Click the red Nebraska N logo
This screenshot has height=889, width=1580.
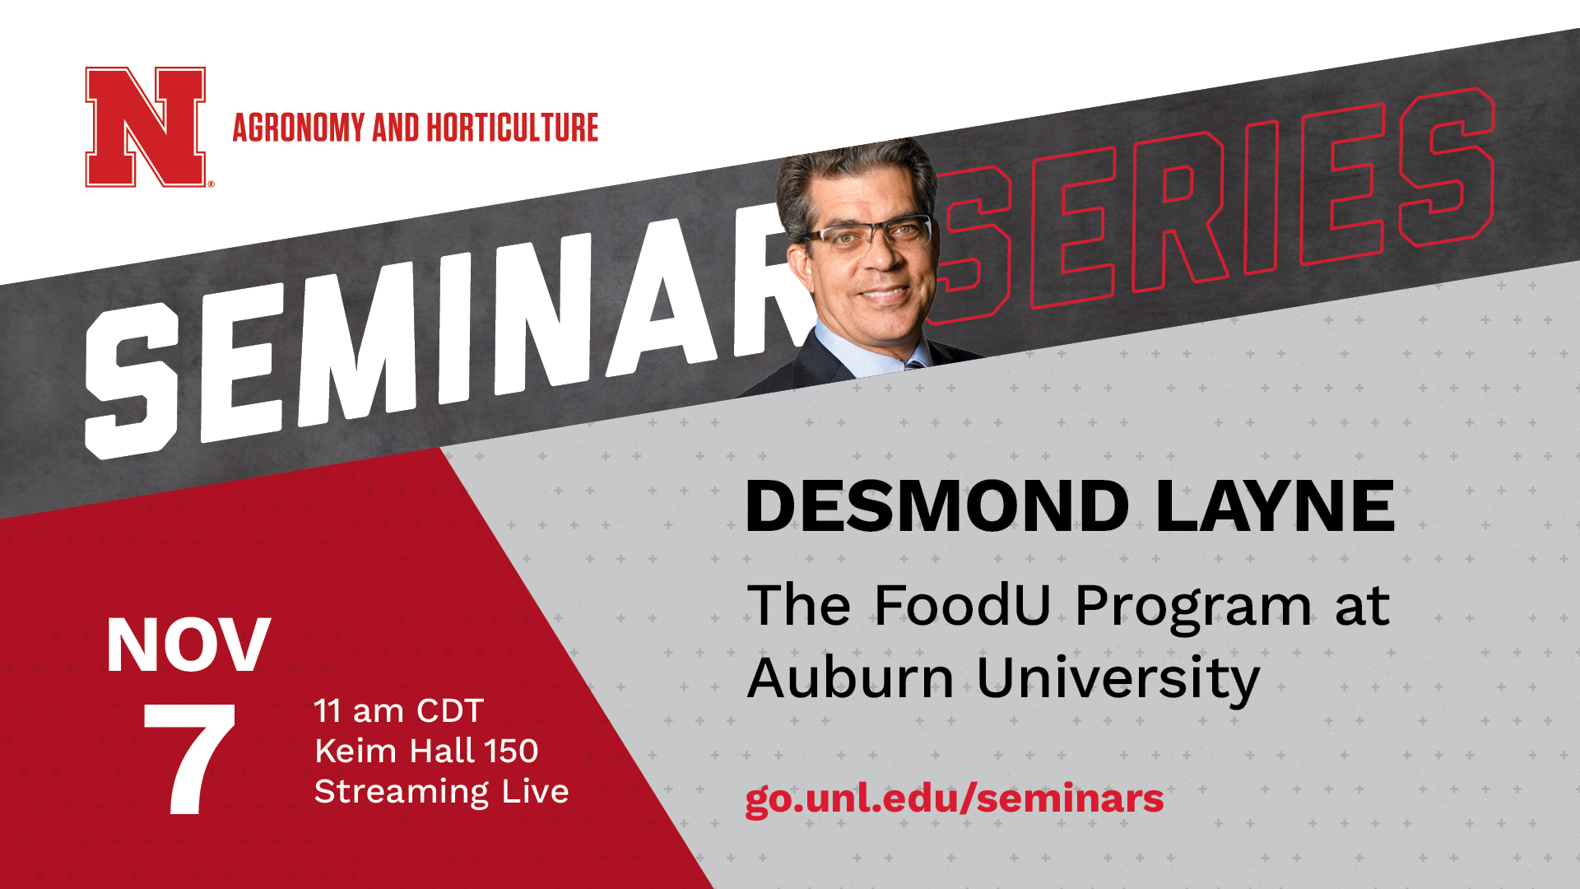(x=146, y=127)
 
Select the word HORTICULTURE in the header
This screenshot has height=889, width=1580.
(x=512, y=128)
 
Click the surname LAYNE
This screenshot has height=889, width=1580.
(x=1276, y=506)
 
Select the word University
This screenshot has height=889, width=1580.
(x=1118, y=680)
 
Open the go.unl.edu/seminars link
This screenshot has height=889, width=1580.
(x=955, y=798)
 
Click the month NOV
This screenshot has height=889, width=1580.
(x=188, y=645)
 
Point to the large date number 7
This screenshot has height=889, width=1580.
(x=189, y=760)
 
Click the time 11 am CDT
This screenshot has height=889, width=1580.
(x=399, y=710)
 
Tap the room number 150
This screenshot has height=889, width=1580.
(x=511, y=751)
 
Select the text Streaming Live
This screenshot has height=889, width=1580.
(x=442, y=792)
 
